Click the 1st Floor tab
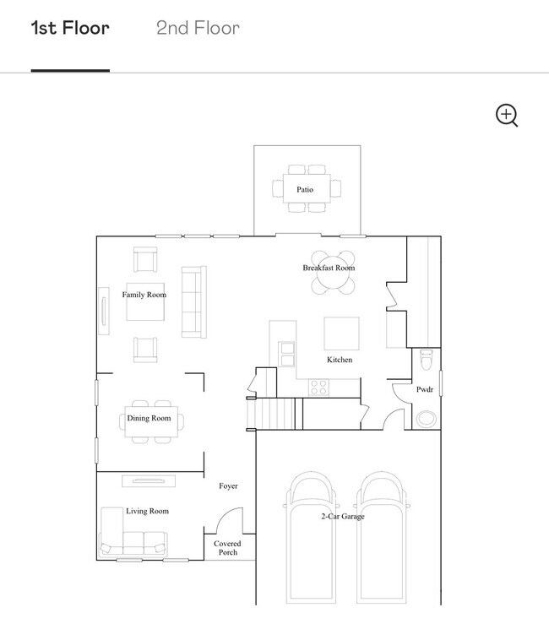[x=70, y=28]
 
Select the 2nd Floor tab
[x=198, y=28]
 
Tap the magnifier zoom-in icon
[x=506, y=116]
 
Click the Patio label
[x=305, y=190]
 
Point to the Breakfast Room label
[x=329, y=268]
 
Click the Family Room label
[x=144, y=295]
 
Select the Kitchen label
[x=340, y=360]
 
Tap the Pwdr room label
[x=425, y=390]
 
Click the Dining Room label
[x=149, y=418]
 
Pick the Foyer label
[x=228, y=486]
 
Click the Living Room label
[x=147, y=511]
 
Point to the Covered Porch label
[x=228, y=548]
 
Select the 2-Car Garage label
[x=342, y=516]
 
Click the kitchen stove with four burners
[x=318, y=387]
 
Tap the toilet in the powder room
[x=426, y=360]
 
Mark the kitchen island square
[x=341, y=333]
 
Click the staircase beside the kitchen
[x=274, y=414]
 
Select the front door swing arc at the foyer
[x=230, y=519]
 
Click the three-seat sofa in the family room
[x=193, y=301]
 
